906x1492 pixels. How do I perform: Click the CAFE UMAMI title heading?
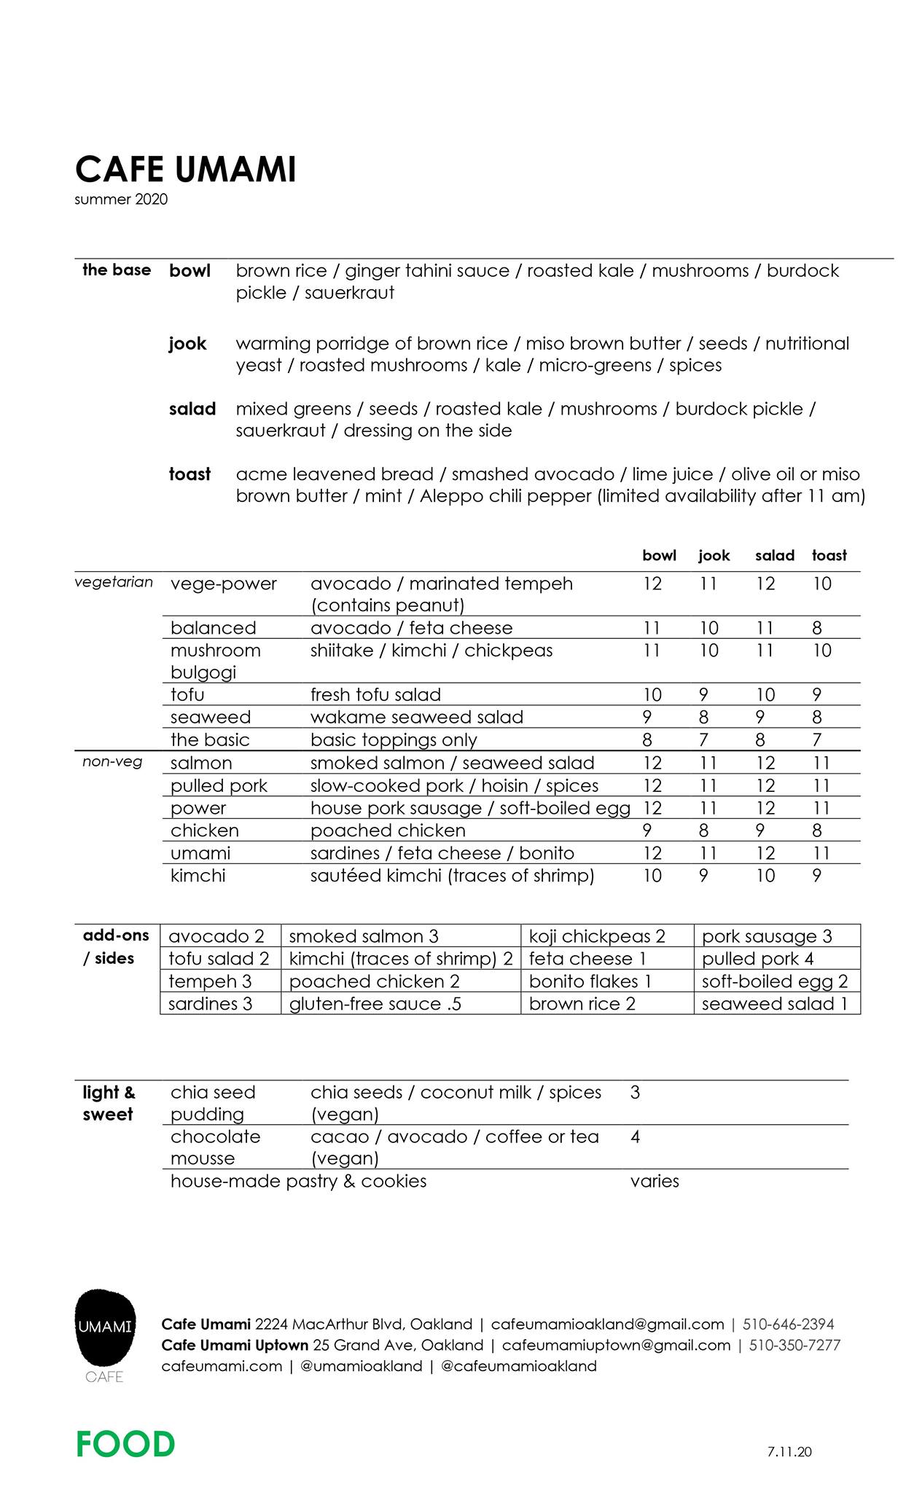[185, 170]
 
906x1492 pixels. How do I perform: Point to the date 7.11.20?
[789, 1451]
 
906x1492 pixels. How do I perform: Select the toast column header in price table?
[829, 556]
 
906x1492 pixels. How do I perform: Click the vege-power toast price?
[821, 584]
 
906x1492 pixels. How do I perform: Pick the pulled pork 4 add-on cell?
[757, 959]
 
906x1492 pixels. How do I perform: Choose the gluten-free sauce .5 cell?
[375, 1004]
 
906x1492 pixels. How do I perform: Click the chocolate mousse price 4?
[635, 1136]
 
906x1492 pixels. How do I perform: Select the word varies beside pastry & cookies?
[655, 1181]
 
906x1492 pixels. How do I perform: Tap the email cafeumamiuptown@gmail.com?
[616, 1345]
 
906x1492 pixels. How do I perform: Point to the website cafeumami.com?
[222, 1366]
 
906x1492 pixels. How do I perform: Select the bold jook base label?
[187, 343]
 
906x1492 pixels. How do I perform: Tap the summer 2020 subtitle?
[121, 200]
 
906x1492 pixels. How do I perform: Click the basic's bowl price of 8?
[647, 740]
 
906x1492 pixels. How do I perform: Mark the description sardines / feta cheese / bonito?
[442, 853]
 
